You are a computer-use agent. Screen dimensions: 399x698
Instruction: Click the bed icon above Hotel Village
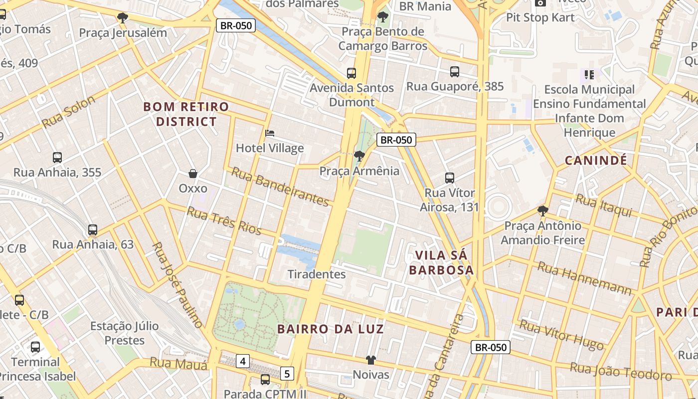click(270, 133)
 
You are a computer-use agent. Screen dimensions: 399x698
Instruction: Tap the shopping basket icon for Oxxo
click(193, 174)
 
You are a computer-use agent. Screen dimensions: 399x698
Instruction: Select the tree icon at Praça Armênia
click(359, 156)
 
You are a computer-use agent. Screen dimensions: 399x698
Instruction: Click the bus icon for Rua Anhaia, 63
click(93, 230)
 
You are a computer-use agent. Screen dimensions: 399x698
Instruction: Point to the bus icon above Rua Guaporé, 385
click(455, 72)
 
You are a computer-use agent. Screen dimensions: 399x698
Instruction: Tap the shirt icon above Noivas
click(370, 360)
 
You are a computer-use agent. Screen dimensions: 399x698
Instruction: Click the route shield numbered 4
click(242, 361)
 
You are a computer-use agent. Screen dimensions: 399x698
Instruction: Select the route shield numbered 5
click(287, 373)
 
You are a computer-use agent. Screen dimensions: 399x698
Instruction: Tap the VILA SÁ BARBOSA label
click(441, 263)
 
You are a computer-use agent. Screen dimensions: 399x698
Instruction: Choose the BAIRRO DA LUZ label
click(331, 329)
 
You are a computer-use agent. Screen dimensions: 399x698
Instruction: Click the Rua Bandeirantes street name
click(280, 187)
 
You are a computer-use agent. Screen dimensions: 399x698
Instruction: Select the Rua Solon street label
click(68, 112)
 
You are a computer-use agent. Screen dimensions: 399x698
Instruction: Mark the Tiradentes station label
click(317, 274)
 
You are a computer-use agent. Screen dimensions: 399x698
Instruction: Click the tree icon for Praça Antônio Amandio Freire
click(543, 211)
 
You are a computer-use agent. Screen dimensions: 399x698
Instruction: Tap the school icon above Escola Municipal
click(589, 75)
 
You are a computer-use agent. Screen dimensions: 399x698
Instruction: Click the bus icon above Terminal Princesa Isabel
click(35, 347)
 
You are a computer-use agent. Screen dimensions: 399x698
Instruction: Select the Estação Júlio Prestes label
click(125, 333)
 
